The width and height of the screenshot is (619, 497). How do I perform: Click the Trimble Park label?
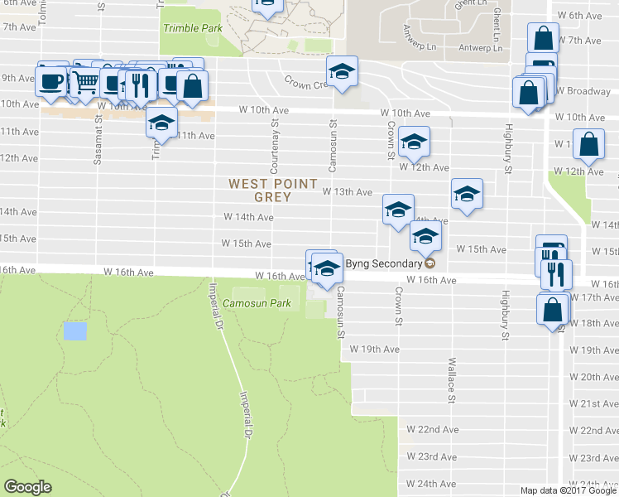tap(193, 28)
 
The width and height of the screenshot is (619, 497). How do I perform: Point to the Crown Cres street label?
tap(307, 84)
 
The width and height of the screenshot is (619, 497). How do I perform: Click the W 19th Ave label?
tap(374, 350)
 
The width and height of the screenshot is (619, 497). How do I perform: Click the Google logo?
tap(28, 488)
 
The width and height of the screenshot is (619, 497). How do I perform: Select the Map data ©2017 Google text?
tap(568, 490)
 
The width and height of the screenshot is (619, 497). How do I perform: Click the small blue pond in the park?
tap(74, 331)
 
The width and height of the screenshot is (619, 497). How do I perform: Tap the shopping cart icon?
tap(85, 82)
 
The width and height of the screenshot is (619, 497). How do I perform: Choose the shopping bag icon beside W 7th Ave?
tap(543, 38)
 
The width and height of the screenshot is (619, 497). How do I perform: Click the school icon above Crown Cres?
tap(341, 72)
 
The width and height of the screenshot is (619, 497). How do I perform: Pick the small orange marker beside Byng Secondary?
tap(429, 263)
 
